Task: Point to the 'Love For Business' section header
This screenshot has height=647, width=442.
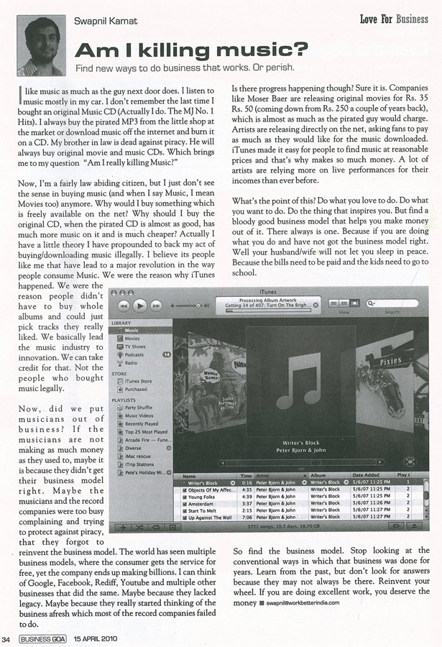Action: tap(393, 19)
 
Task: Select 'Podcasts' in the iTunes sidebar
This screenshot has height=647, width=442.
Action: tap(135, 354)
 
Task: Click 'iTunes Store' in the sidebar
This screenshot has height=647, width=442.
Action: tap(138, 381)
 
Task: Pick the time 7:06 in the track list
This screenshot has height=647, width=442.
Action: tap(246, 517)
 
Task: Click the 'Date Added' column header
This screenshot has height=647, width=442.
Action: tap(367, 475)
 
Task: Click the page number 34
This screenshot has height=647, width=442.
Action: tap(6, 638)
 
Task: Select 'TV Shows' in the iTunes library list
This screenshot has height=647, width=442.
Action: tap(136, 346)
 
